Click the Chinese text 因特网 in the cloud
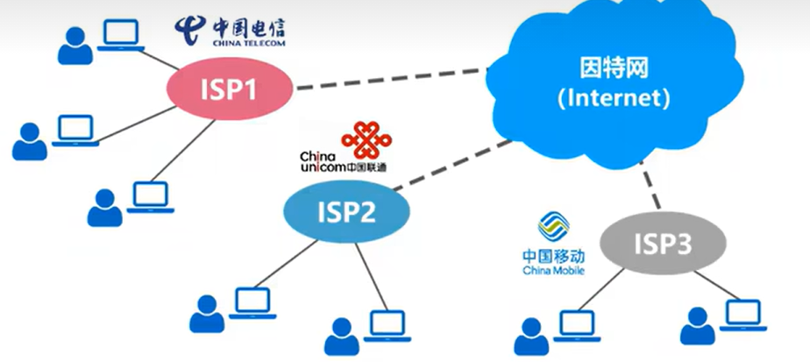(x=614, y=67)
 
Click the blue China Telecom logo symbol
(x=189, y=29)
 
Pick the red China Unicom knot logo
(x=362, y=140)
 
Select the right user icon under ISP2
(x=340, y=335)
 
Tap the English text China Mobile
(x=553, y=270)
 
